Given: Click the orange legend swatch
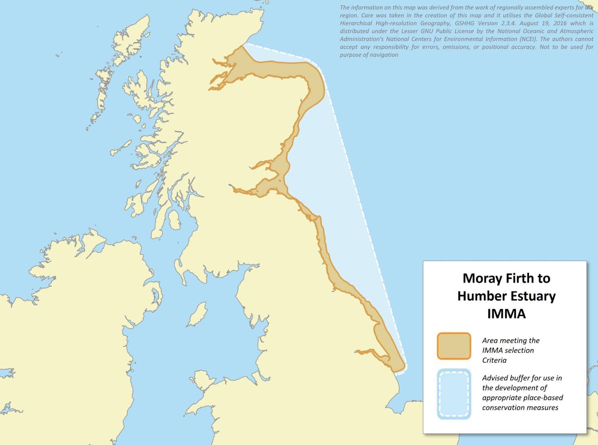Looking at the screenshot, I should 454,346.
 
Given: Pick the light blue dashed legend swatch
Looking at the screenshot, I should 454,394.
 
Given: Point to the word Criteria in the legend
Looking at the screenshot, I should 494,360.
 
